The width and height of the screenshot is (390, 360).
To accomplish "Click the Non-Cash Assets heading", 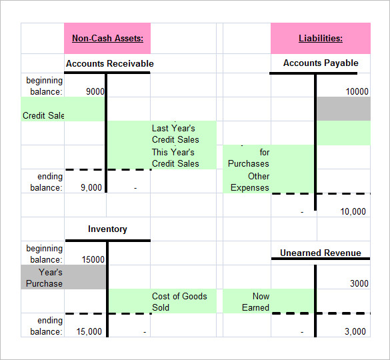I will tap(107, 38).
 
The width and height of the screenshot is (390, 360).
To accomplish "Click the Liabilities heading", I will tap(320, 38).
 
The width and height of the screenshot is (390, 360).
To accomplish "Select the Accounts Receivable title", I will tap(109, 63).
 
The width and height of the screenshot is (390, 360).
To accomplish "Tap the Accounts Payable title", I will tap(321, 63).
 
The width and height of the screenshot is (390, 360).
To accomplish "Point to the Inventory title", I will tap(107, 229).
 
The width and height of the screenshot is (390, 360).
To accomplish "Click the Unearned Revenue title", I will tap(320, 253).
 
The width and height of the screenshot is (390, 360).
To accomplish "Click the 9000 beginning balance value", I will tap(95, 91).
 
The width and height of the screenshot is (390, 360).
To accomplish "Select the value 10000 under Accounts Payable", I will tap(357, 91).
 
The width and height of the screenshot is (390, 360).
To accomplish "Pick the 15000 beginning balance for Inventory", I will tap(93, 259).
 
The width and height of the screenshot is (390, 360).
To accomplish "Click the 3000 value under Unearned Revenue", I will tap(359, 283).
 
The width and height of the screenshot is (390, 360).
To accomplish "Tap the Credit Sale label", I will tap(43, 115).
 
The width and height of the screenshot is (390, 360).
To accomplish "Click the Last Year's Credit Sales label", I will tap(175, 133).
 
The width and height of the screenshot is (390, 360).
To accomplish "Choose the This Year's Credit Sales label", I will tap(175, 157).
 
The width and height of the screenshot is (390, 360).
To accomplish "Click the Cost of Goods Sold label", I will tap(179, 301).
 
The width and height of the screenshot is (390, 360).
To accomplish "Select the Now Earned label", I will tap(256, 301).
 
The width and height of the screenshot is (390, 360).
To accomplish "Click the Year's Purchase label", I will tap(45, 277).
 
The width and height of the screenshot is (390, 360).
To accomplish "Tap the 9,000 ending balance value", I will tap(91, 187).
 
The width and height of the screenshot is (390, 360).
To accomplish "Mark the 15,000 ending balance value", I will tap(89, 331).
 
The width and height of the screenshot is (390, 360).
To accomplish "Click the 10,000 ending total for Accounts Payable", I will tap(353, 211).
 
